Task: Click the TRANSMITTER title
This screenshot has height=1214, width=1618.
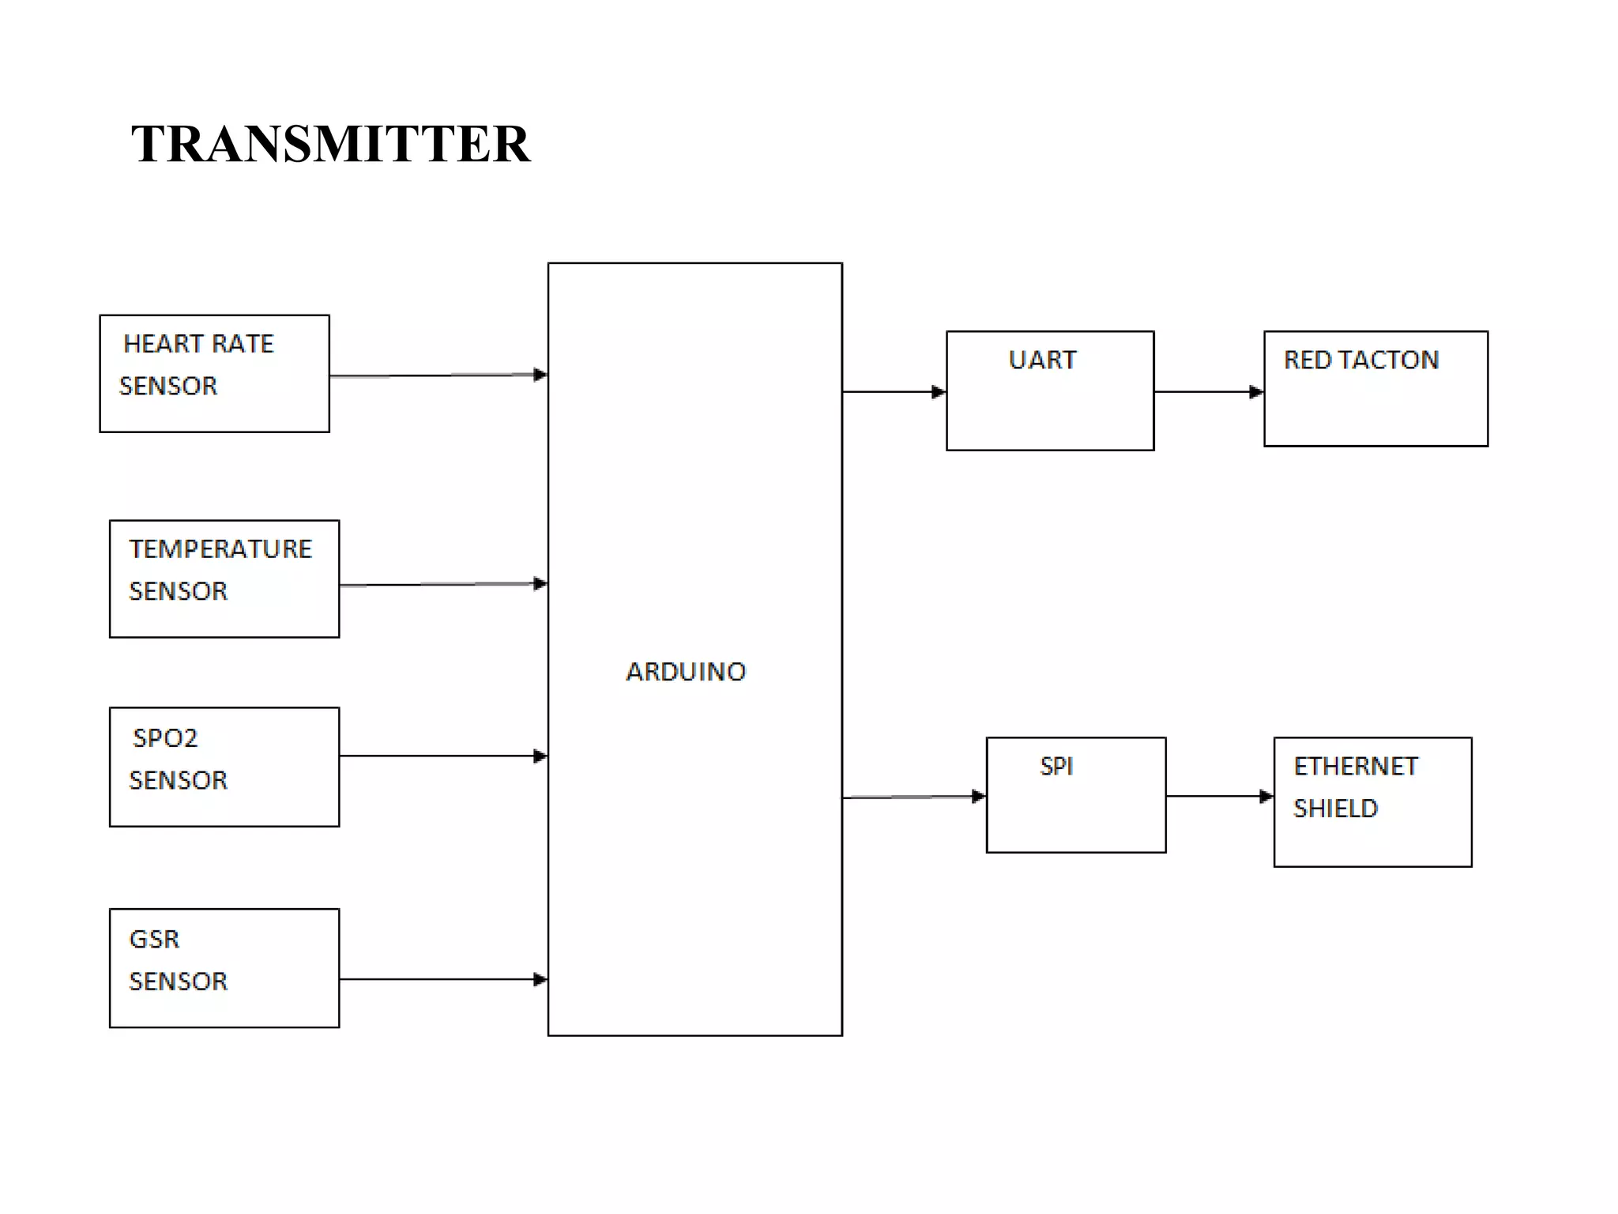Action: [x=330, y=144]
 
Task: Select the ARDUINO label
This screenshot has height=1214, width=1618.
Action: [x=686, y=672]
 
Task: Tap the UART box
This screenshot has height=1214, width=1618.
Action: [x=1050, y=391]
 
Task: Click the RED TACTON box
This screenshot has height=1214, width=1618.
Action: [x=1375, y=389]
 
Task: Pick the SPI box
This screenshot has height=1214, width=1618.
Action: [x=1076, y=795]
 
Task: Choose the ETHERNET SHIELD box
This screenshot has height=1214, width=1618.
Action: [x=1372, y=802]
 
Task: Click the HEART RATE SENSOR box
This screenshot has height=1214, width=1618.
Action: [x=214, y=374]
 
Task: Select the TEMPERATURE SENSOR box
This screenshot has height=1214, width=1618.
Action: [x=224, y=579]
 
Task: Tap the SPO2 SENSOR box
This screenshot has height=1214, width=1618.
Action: [x=224, y=767]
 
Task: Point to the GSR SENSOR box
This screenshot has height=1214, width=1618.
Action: [x=224, y=968]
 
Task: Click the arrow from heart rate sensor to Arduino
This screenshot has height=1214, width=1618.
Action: [x=438, y=375]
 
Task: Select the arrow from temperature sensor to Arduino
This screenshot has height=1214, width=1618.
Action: [x=443, y=585]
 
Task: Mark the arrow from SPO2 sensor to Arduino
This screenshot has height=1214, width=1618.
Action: [x=443, y=756]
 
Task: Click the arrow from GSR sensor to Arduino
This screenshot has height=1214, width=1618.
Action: [x=443, y=979]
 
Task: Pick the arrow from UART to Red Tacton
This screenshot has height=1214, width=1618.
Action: [x=1209, y=391]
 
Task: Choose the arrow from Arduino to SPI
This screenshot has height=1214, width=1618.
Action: [x=914, y=797]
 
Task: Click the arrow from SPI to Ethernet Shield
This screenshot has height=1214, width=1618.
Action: [x=1220, y=796]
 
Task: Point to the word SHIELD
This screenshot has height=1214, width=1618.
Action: [x=1335, y=809]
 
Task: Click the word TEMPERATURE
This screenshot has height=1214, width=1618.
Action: [x=220, y=549]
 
